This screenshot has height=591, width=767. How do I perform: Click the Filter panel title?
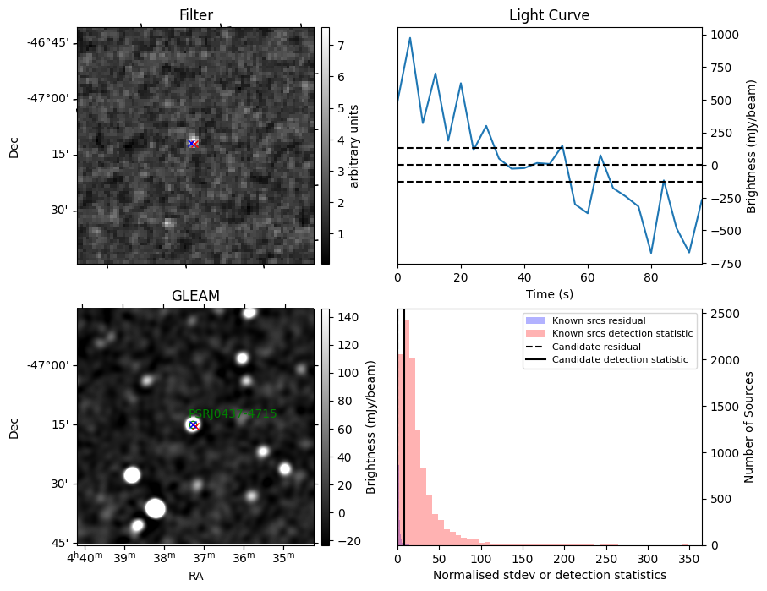[x=195, y=15]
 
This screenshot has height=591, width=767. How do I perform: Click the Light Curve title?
[x=549, y=15]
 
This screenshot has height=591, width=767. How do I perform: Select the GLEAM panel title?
[x=195, y=296]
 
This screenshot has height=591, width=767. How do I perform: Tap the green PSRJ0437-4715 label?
[x=233, y=413]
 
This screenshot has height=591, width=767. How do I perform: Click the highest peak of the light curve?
[x=410, y=38]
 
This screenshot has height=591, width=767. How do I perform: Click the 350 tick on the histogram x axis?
[x=690, y=558]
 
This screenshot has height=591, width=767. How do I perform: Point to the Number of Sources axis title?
[x=749, y=427]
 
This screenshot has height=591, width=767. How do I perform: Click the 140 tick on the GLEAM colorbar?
[x=348, y=317]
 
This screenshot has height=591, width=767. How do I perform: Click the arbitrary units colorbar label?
[x=354, y=145]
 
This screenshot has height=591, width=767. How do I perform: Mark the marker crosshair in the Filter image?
[x=192, y=144]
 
